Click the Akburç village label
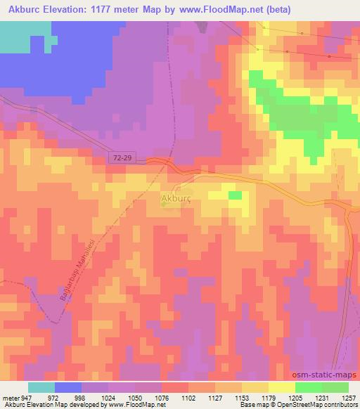click(x=176, y=199)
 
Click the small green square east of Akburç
click(x=235, y=195)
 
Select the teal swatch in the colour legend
click(x=41, y=387)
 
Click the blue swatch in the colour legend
click(x=67, y=387)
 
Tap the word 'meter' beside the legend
click(x=9, y=397)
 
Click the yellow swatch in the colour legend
click(x=281, y=387)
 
